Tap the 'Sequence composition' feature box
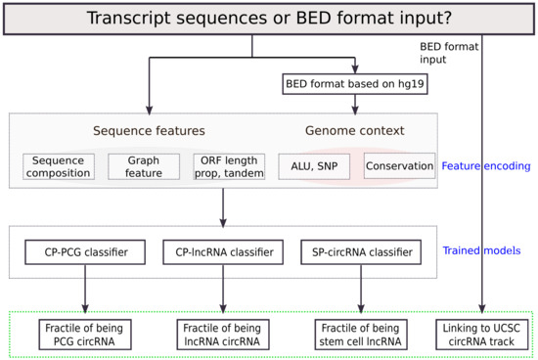pos(59,166)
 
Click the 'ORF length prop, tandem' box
pos(223,166)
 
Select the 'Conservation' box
pos(399,166)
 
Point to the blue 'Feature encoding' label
pos(485,166)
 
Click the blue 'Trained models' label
pos(485,251)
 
